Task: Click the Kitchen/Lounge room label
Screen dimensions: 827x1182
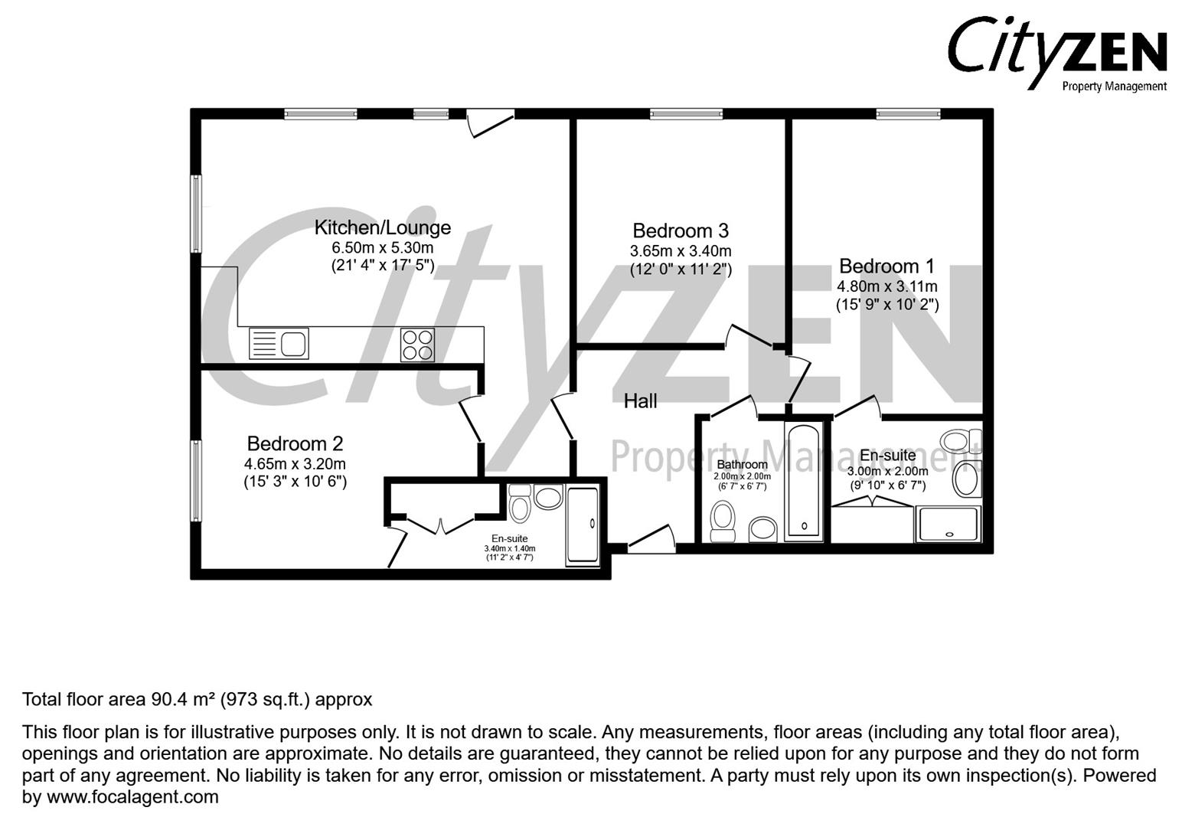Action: coord(383,227)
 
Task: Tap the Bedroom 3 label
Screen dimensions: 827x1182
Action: coord(680,230)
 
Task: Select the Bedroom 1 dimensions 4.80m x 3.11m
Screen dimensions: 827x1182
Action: coord(887,286)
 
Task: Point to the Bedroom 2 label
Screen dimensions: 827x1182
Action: coord(295,443)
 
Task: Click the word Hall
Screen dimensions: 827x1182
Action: coord(640,400)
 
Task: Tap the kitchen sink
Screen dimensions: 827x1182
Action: coord(279,344)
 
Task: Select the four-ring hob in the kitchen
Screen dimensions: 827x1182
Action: coord(417,345)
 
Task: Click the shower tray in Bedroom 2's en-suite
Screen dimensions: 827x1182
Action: coord(583,525)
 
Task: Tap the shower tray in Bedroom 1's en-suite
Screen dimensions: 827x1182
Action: coord(948,524)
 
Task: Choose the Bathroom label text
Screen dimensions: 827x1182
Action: coord(742,465)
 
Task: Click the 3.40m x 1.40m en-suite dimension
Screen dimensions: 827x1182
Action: coord(509,548)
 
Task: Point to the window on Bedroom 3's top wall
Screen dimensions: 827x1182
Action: coord(686,115)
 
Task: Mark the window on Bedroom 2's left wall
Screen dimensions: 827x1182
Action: coord(197,480)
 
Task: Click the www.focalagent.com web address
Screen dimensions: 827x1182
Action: coord(132,797)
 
